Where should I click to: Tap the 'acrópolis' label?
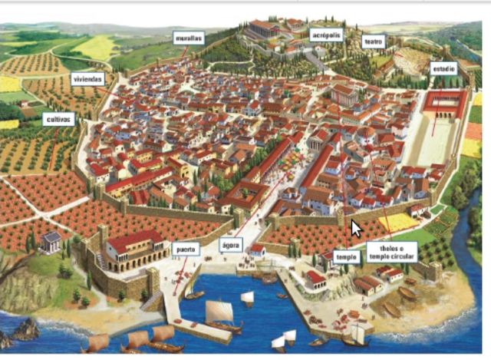click(327, 35)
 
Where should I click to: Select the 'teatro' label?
click(374, 41)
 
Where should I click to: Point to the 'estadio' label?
click(443, 68)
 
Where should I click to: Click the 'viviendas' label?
click(87, 78)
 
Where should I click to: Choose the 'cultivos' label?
click(59, 119)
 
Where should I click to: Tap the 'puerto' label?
click(186, 249)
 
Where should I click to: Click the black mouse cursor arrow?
click(355, 228)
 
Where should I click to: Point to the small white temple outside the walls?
click(52, 242)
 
